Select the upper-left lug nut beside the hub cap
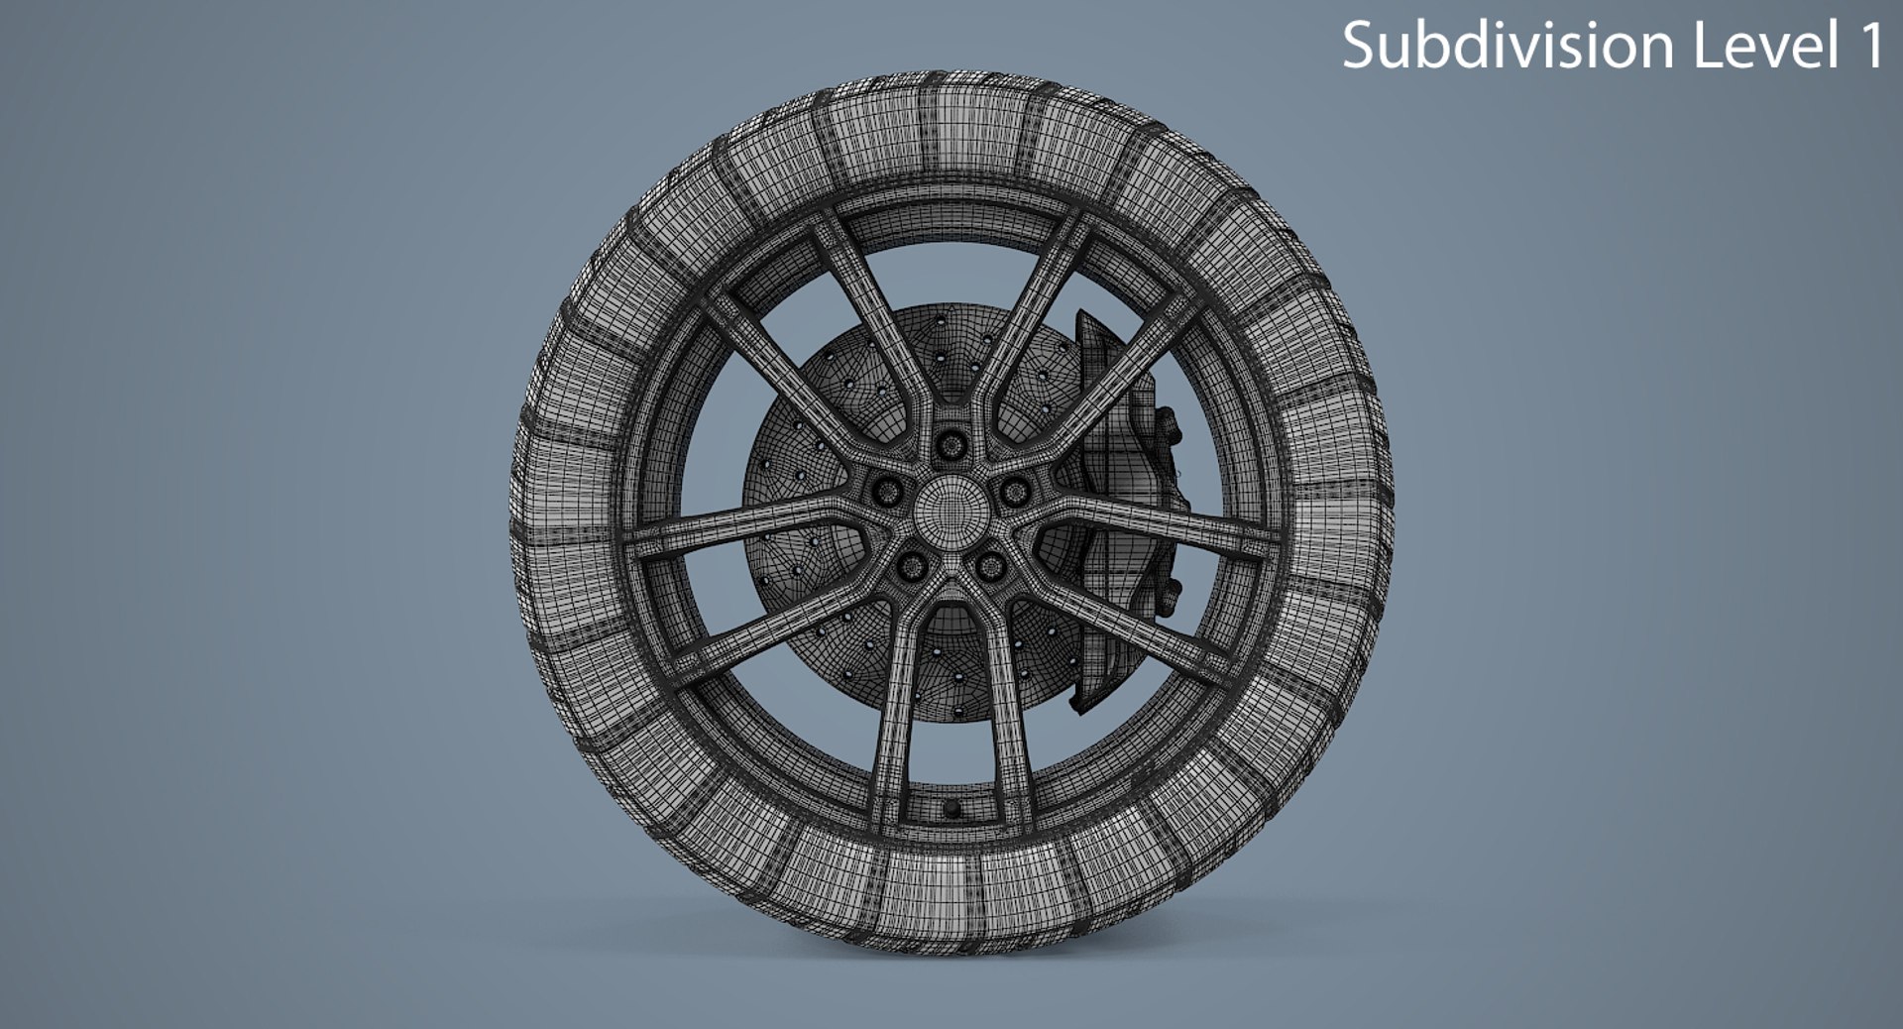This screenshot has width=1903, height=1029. (x=888, y=490)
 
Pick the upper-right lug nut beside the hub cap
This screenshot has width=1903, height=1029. (x=1014, y=490)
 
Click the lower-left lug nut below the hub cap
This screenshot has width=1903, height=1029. (x=912, y=566)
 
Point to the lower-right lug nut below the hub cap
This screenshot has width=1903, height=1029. (x=990, y=566)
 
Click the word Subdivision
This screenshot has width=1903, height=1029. (x=1508, y=46)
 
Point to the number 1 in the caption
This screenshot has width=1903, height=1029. (x=1867, y=46)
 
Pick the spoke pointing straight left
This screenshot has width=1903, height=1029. (x=733, y=530)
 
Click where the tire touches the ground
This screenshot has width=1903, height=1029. (x=951, y=947)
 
